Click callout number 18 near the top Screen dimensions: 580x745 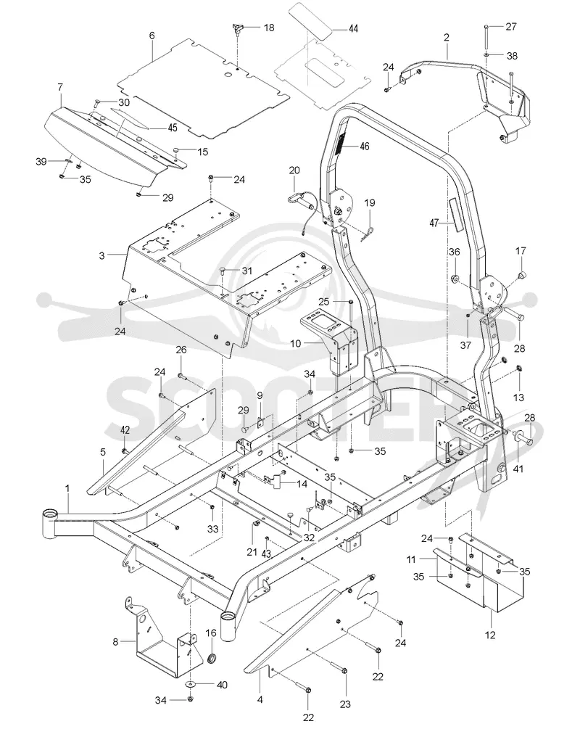click(x=269, y=28)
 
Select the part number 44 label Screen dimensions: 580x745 click(x=353, y=28)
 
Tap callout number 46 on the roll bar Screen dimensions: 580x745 click(x=365, y=146)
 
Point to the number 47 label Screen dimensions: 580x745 click(x=433, y=222)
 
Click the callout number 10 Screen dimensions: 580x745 click(x=296, y=342)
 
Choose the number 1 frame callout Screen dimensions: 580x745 click(x=67, y=488)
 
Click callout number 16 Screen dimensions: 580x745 click(x=211, y=633)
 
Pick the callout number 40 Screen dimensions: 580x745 click(x=222, y=685)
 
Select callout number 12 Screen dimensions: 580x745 click(x=490, y=634)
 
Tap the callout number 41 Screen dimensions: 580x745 click(x=518, y=469)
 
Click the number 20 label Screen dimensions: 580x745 click(x=294, y=170)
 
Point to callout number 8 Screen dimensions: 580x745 click(x=116, y=642)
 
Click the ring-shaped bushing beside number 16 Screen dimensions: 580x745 click(x=212, y=659)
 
